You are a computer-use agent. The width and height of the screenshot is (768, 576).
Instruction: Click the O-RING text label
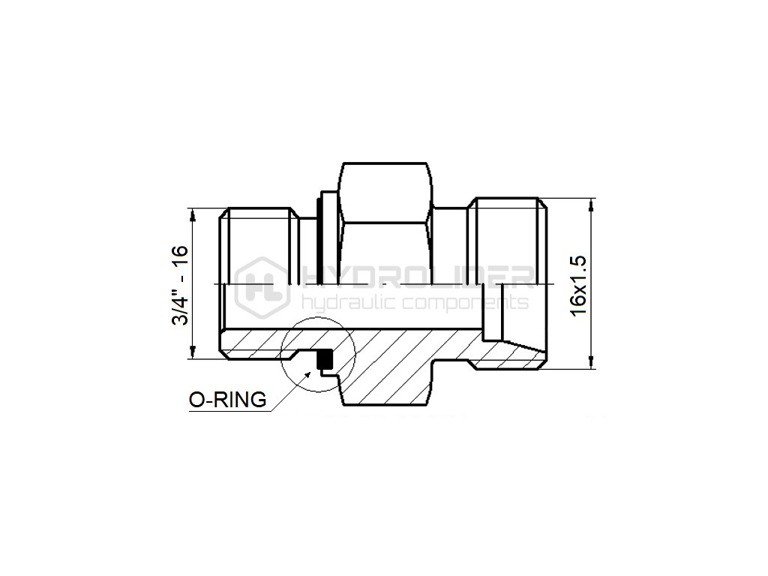coord(228,400)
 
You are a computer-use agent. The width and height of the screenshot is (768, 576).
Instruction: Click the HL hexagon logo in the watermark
coord(262,288)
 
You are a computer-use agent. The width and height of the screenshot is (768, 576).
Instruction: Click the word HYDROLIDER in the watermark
coord(418,277)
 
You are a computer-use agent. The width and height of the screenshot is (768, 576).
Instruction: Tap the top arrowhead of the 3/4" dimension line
coord(193,214)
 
